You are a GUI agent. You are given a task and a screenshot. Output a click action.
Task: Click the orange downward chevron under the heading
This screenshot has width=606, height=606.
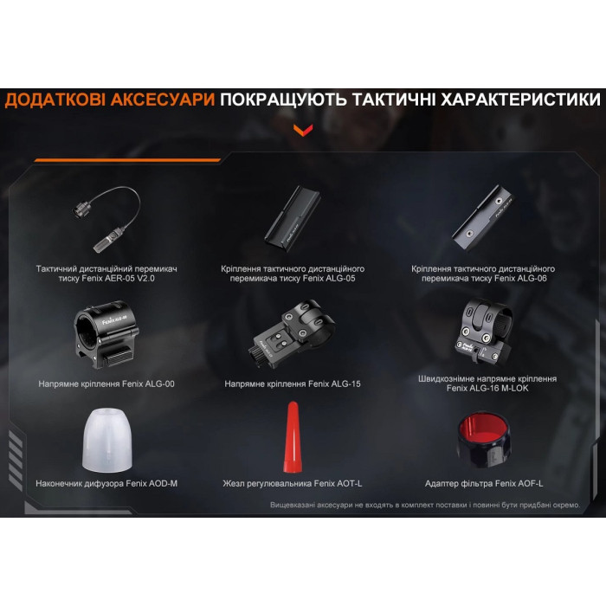point(303,130)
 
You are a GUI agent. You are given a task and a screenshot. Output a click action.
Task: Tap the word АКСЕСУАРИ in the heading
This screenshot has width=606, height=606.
point(163,100)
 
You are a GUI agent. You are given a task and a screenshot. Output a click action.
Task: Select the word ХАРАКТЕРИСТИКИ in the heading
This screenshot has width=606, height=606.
point(521,100)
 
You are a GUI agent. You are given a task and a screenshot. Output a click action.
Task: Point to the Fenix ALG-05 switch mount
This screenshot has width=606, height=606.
point(293,219)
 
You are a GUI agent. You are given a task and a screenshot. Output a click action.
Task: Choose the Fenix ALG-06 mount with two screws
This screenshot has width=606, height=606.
point(483,218)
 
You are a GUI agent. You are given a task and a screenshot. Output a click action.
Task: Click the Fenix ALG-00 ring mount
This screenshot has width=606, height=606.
point(106,335)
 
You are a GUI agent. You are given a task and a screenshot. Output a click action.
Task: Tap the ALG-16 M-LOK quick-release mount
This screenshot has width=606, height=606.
point(484,332)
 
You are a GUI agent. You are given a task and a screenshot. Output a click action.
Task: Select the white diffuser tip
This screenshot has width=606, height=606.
point(107,441)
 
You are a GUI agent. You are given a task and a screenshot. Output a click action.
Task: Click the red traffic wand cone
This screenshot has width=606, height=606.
point(293,437)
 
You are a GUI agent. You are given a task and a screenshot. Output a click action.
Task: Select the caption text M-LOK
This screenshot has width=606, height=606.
point(515,388)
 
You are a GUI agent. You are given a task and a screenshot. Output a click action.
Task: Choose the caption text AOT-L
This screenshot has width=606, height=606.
point(348,483)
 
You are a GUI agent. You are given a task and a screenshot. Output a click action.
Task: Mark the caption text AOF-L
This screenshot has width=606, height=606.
point(530,483)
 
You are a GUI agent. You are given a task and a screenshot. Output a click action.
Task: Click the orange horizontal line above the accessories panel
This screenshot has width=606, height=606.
point(127,159)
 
